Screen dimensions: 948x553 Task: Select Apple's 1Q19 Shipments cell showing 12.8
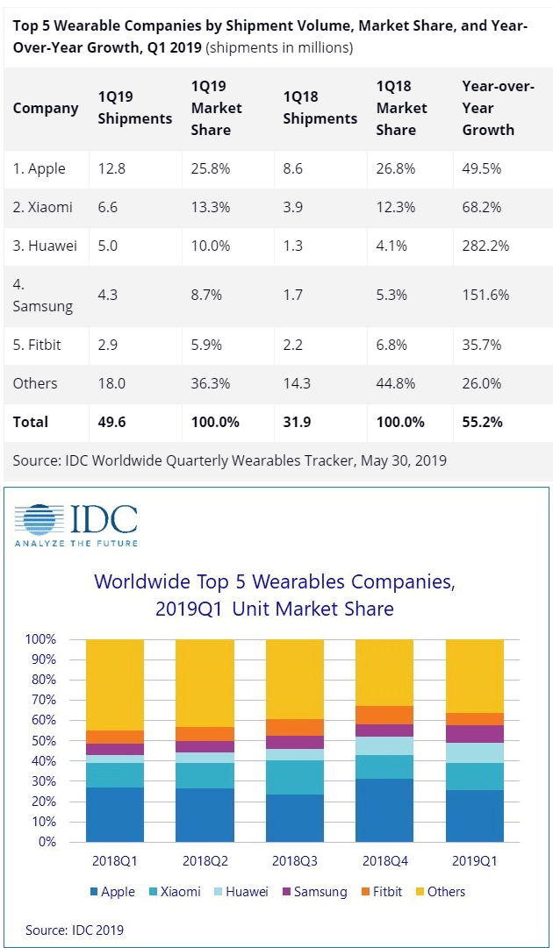click(x=111, y=168)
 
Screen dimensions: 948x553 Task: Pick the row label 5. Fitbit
click(x=37, y=345)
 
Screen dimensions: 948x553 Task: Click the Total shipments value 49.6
click(x=112, y=422)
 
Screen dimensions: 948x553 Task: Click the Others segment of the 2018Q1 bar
click(x=115, y=684)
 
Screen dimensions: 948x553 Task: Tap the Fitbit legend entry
click(x=383, y=892)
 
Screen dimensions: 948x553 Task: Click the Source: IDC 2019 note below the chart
click(x=75, y=930)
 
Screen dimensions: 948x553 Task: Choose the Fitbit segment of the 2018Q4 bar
click(x=384, y=715)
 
